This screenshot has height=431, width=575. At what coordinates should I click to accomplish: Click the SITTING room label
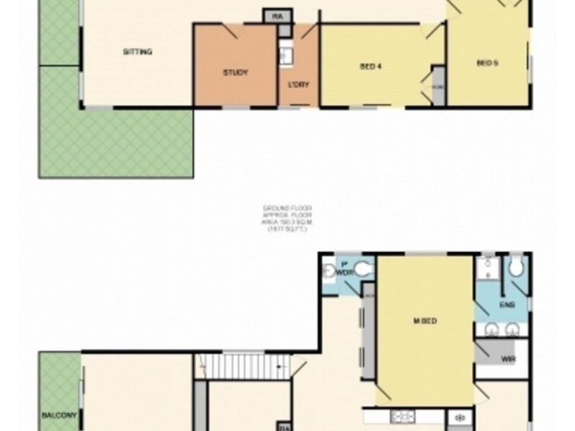[137, 52]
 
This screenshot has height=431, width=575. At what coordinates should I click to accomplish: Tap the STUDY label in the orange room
[235, 73]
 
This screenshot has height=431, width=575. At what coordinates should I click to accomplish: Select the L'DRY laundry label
[298, 85]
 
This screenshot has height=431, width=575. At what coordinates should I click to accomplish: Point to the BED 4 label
[369, 67]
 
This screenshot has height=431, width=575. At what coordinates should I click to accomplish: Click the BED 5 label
[487, 63]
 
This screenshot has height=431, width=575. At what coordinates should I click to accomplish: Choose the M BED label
[425, 321]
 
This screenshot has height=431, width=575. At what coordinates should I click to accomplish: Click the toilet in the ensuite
[515, 268]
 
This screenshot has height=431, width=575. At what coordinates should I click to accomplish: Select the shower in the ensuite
[488, 269]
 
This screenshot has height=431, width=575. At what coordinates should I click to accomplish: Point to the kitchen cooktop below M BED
[402, 415]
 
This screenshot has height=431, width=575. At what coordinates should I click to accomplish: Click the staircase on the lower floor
[244, 366]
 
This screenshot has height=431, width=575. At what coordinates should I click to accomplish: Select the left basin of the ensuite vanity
[492, 329]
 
